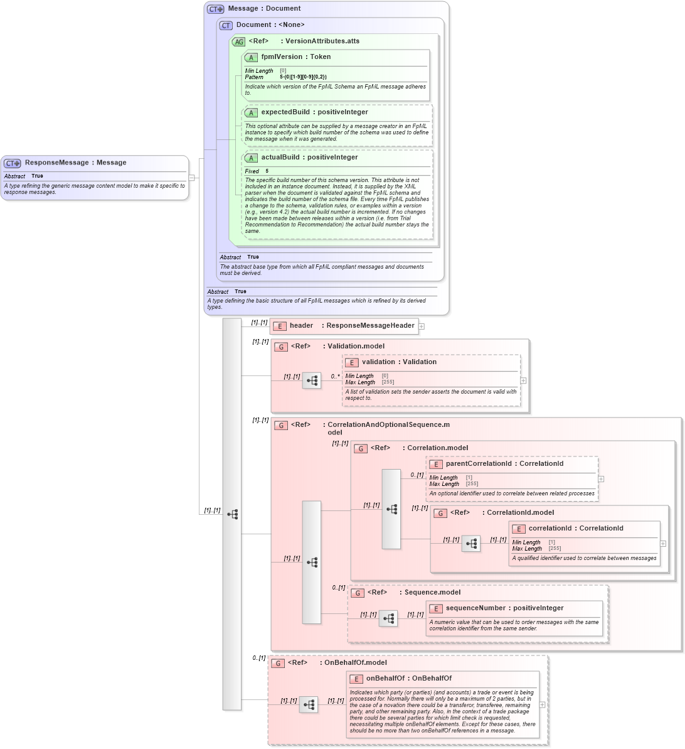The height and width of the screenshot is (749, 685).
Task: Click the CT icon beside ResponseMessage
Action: pos(13,163)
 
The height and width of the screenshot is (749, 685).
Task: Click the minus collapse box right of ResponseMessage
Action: pos(192,178)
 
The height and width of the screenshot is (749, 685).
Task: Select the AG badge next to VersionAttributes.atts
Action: pos(238,42)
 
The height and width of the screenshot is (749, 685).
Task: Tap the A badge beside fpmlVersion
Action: pos(251,58)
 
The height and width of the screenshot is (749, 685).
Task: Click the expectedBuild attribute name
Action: pos(285,112)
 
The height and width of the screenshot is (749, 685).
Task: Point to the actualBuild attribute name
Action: pos(280,158)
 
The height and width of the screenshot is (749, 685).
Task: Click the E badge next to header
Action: pos(280,326)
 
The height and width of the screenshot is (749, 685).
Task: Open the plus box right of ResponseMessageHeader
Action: pos(422,326)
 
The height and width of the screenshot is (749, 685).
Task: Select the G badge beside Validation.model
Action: pos(281,347)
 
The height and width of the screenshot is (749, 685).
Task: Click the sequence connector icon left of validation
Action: pos(312,380)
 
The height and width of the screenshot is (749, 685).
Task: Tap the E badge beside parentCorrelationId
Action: pos(435,465)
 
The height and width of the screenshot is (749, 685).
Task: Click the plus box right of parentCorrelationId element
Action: pos(601,478)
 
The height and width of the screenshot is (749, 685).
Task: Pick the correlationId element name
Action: pos(550,529)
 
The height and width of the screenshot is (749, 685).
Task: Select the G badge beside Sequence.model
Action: pos(358,593)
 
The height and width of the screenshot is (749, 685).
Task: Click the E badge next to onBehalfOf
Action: pos(356,679)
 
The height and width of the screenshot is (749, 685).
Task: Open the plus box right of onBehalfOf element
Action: pos(543,704)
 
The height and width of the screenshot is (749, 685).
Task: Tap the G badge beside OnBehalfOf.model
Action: pos(278,663)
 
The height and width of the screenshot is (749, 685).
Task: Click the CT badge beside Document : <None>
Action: pos(226,26)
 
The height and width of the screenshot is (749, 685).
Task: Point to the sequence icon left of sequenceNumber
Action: pos(388,618)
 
